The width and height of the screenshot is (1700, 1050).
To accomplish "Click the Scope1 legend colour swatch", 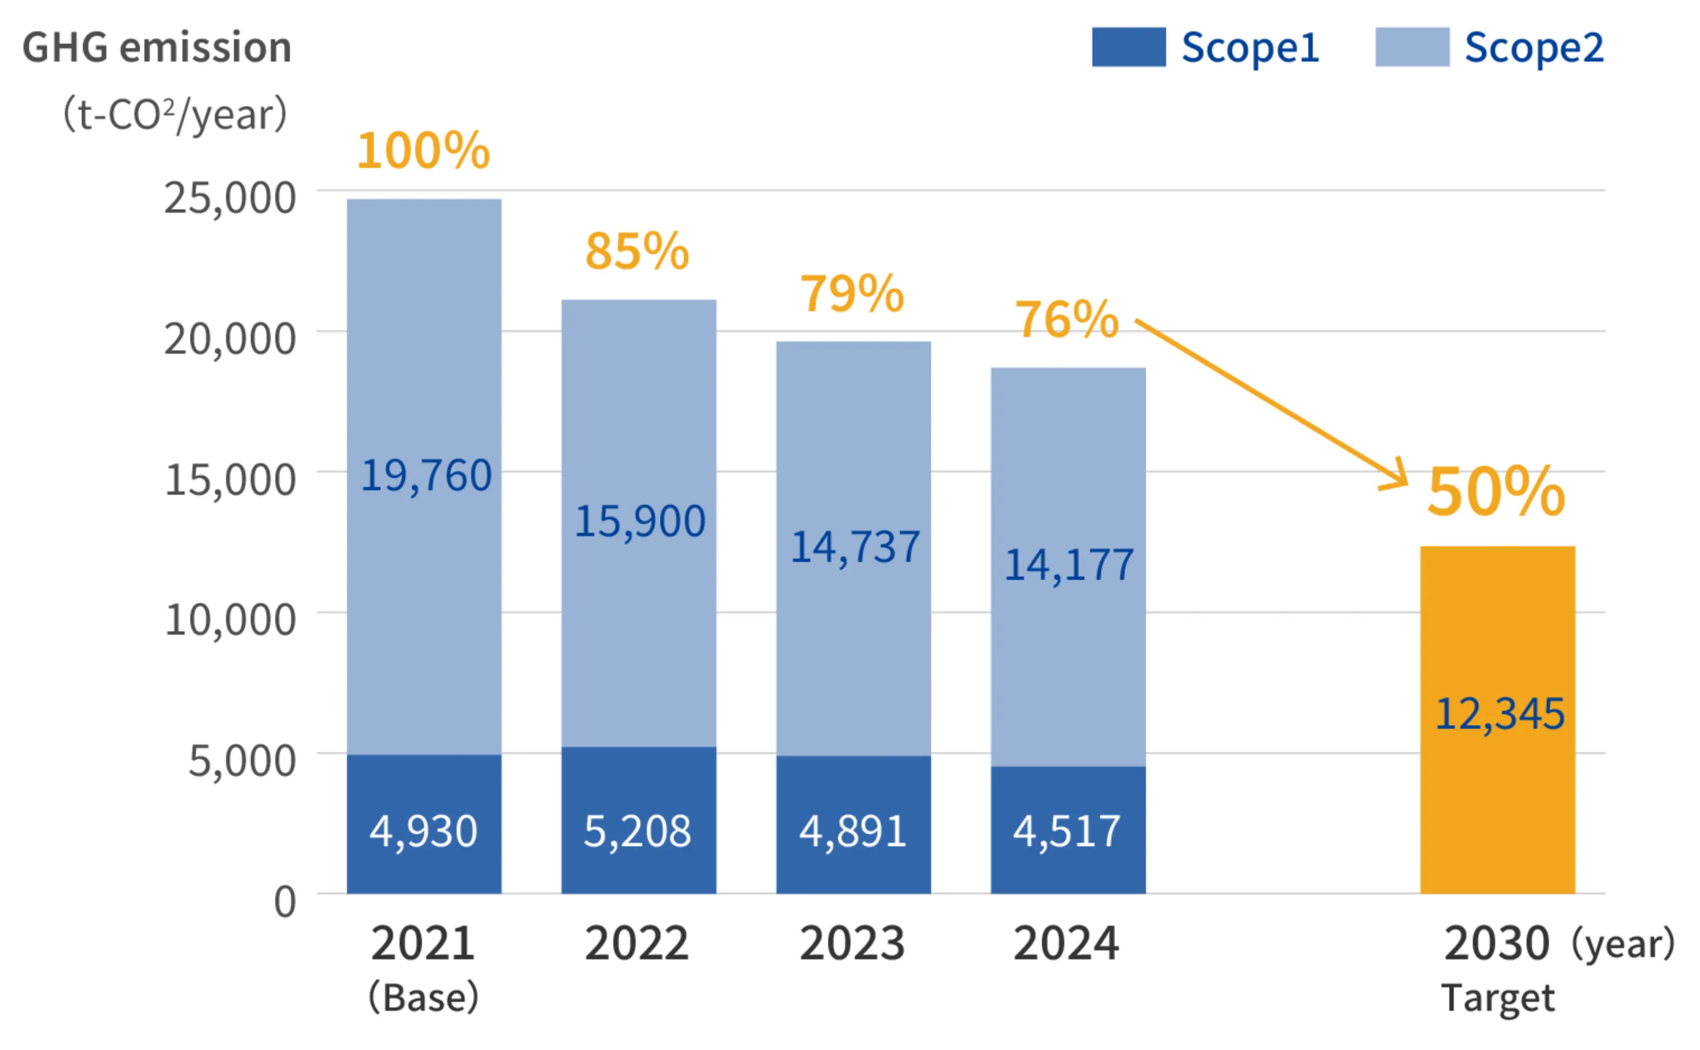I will click(x=1128, y=47).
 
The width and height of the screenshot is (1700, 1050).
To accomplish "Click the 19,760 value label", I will click(x=426, y=476).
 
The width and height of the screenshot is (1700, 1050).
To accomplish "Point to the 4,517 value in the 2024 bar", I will click(x=1067, y=831).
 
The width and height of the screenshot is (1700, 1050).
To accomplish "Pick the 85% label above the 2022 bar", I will click(x=637, y=251).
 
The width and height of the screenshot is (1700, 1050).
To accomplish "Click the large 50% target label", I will click(x=1496, y=491).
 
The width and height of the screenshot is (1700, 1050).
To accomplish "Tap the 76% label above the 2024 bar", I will click(x=1067, y=320).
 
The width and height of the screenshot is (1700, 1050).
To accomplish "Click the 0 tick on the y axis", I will click(x=285, y=901).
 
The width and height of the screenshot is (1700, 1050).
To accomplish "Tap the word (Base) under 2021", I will click(x=424, y=997).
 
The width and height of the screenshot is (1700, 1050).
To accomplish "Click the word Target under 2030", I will click(x=1498, y=997).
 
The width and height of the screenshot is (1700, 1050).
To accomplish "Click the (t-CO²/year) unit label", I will click(x=175, y=115).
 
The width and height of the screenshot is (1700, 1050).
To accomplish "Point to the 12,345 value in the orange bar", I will click(x=1499, y=713).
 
